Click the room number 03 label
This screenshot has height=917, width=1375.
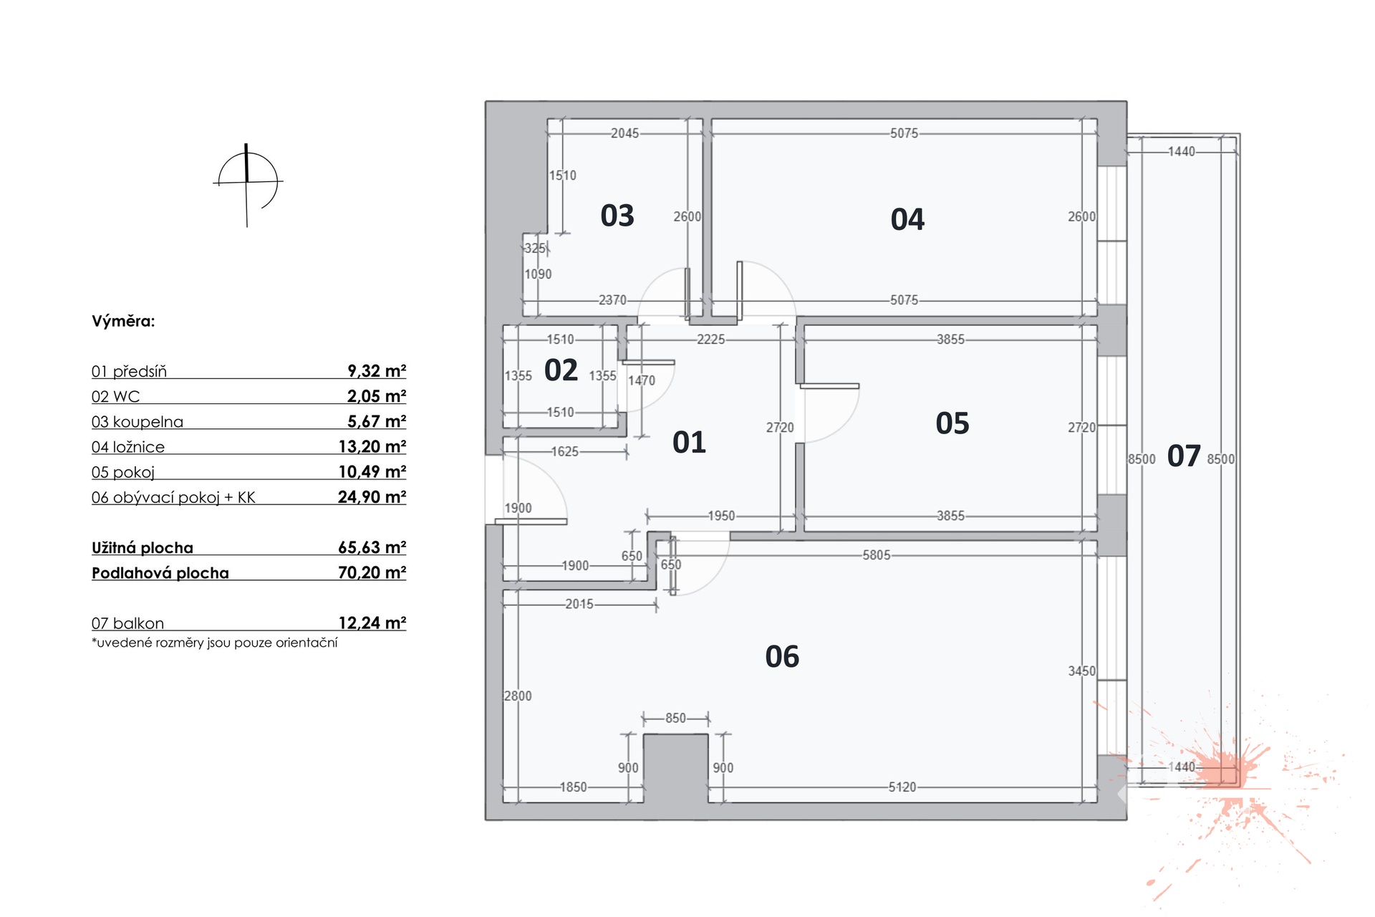point(617,216)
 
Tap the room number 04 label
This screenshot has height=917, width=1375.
point(907,219)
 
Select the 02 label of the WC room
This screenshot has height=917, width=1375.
point(561,370)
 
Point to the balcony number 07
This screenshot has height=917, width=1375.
point(1183,456)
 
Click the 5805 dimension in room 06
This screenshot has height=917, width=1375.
point(876,555)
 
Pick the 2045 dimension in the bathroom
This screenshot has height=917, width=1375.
point(624,133)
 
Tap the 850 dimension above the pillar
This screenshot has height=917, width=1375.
point(675,718)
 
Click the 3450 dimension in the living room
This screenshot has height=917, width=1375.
point(1081,671)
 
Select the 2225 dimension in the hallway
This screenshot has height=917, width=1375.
point(710,340)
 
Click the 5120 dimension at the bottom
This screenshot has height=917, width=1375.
point(902,787)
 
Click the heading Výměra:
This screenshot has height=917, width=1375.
point(123,321)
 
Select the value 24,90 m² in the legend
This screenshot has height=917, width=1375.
point(372,496)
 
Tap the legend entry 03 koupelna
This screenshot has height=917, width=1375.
point(137,422)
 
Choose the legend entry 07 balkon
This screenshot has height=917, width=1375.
point(127,623)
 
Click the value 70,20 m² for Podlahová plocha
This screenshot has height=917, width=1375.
point(372,572)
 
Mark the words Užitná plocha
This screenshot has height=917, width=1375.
point(143,548)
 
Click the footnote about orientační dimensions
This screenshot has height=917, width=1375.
point(214,643)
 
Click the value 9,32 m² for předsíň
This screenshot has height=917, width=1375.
point(377,371)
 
